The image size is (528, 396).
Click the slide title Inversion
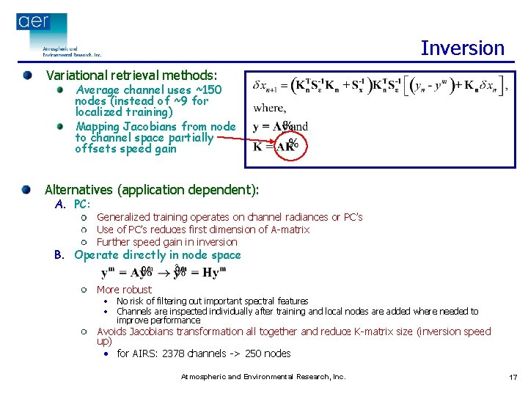(x=462, y=48)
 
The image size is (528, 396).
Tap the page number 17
(x=513, y=377)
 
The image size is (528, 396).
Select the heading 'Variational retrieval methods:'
(x=132, y=76)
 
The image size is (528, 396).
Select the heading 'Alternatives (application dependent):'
(x=152, y=190)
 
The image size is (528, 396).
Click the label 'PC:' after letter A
(x=82, y=204)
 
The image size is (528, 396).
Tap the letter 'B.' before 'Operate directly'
(x=60, y=255)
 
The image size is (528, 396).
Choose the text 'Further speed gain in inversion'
(x=167, y=242)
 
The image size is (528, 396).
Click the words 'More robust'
(x=124, y=290)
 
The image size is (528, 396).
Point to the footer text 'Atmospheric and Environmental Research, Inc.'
(x=263, y=377)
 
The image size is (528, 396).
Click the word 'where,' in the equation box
(x=268, y=108)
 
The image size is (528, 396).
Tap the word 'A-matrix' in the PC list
(x=288, y=230)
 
